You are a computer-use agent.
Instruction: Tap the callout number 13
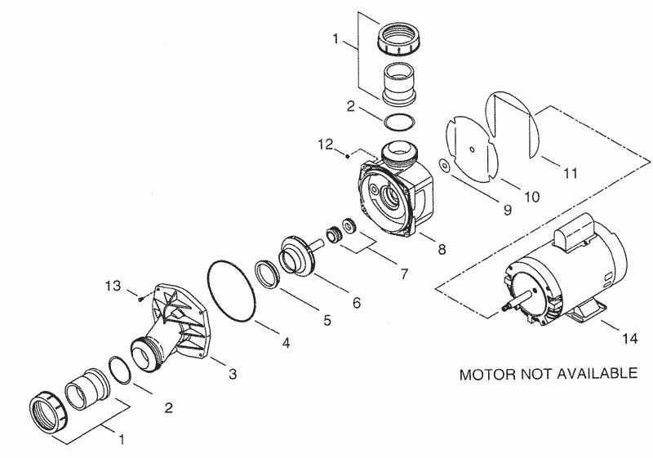point(113,287)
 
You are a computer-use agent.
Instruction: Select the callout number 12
point(326,145)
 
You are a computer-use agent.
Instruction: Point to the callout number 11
point(570,173)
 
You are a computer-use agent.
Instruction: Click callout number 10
point(531,197)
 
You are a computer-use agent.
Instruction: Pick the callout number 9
point(507,211)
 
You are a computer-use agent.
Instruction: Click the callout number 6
point(356,301)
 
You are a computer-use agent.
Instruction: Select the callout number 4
point(286,344)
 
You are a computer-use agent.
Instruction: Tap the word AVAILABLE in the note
point(593,375)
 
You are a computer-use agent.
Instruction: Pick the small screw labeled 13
point(141,298)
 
